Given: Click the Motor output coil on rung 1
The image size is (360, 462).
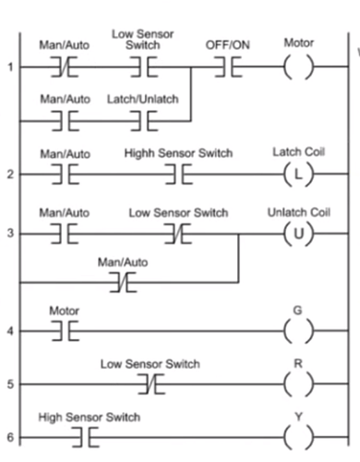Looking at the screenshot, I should tap(298, 68).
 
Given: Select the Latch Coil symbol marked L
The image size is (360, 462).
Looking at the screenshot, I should tap(298, 173).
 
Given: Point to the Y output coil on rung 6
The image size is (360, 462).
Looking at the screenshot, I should tap(298, 437).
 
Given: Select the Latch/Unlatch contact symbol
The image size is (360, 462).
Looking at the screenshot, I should tap(144, 120).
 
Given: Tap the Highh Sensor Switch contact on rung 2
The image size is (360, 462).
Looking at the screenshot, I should tap(176, 173).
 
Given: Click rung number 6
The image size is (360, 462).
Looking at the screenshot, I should tap(9, 437).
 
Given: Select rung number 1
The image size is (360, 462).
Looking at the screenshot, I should tap(9, 68).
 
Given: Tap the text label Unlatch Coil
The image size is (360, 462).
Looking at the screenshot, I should tap(298, 213).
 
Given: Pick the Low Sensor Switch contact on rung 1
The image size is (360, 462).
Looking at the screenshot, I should tap(144, 68).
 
